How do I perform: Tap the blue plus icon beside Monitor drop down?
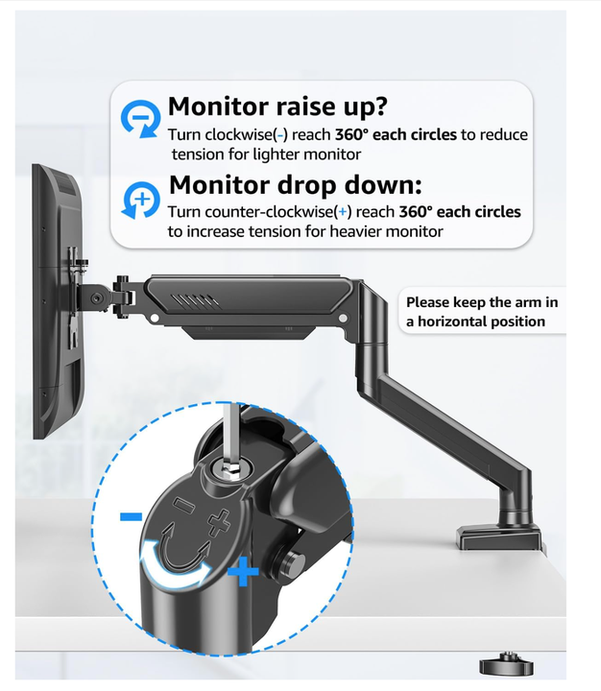(x=140, y=199)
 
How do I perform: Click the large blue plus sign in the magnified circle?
(x=244, y=573)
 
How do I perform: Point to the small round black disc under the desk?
(x=502, y=664)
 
